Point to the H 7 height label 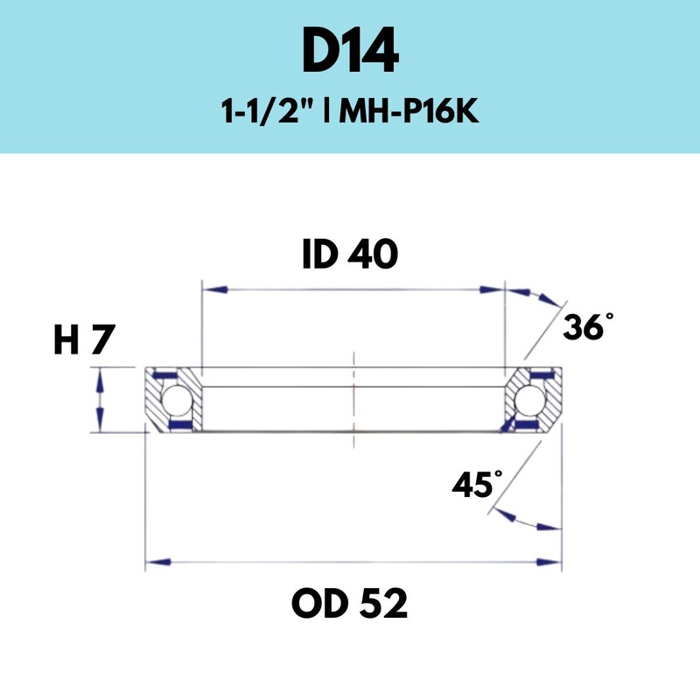tap(84, 340)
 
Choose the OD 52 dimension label tap(350, 603)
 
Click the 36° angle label tap(584, 328)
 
